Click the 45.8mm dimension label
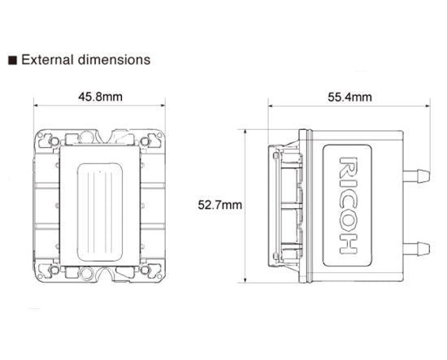100,98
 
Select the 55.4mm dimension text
349,98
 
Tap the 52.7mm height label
220,205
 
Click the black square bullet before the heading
12,60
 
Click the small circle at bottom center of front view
100,275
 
